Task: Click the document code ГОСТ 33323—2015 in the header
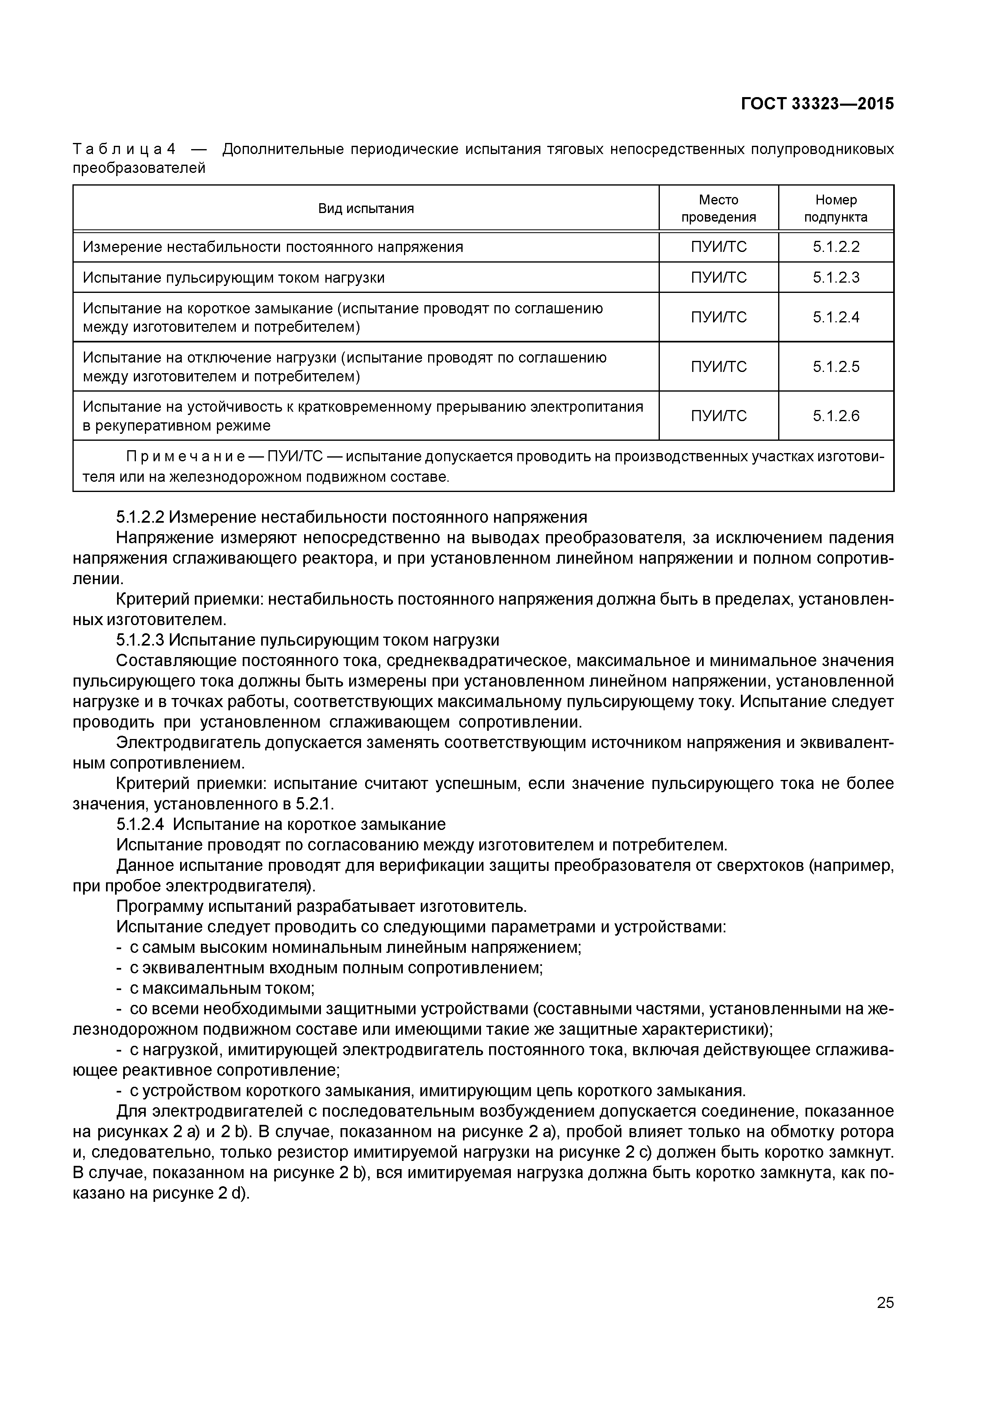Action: click(817, 104)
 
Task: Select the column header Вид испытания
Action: click(366, 209)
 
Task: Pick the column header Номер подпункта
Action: click(835, 209)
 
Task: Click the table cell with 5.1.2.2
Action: click(835, 247)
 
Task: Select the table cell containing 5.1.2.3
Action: click(835, 277)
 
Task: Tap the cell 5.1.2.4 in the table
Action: click(835, 317)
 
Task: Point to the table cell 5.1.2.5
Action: click(835, 367)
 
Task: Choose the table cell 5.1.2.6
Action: click(835, 416)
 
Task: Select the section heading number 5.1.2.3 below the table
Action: click(140, 640)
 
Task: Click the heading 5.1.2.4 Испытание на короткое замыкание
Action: click(281, 824)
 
